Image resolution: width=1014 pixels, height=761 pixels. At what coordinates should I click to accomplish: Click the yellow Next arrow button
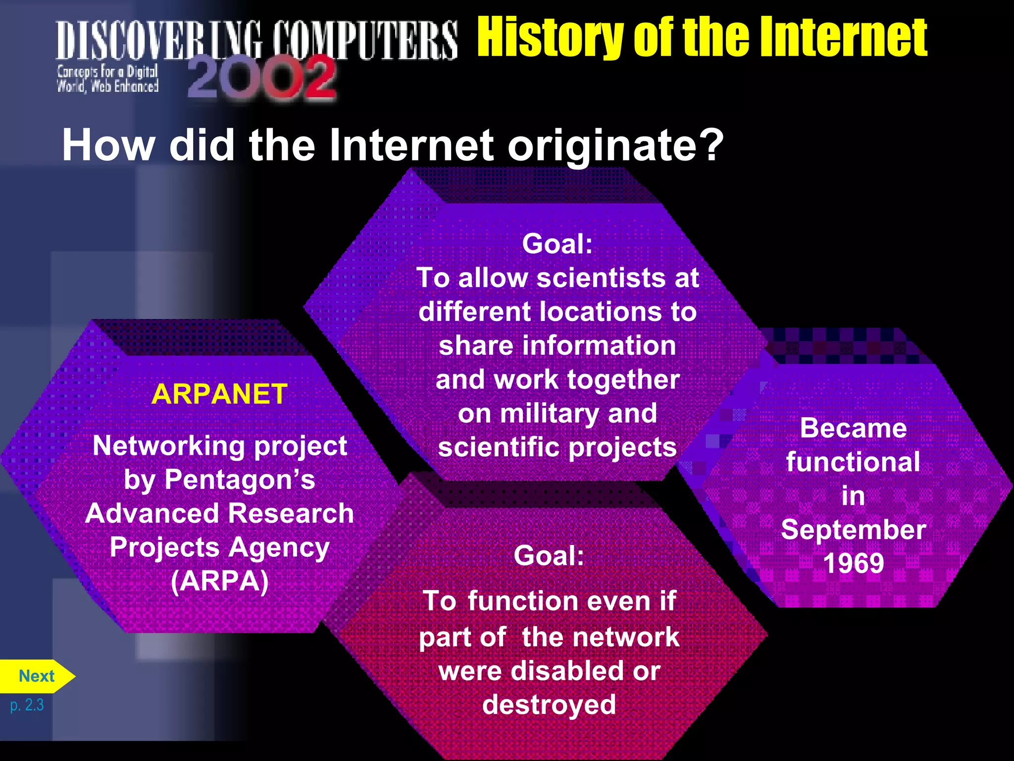point(36,676)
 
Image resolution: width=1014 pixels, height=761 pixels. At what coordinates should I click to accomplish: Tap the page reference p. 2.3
point(27,705)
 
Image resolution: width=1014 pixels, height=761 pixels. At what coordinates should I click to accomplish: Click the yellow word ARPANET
point(219,395)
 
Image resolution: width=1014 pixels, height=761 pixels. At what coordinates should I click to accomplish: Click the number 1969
point(853,563)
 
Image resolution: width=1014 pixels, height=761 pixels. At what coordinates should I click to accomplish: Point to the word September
point(853,530)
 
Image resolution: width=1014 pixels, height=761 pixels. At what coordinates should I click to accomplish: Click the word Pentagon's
point(240,480)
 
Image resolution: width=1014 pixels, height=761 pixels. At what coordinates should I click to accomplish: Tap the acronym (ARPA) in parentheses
point(219,581)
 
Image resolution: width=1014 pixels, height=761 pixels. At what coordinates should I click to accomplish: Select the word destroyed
point(549,705)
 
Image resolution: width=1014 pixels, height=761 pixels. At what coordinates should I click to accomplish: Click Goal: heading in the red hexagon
point(549,555)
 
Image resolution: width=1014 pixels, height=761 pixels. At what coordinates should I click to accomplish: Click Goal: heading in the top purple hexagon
point(557,244)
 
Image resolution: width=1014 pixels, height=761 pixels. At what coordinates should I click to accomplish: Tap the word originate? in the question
point(615,146)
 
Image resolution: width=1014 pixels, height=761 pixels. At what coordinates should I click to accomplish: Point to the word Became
point(853,428)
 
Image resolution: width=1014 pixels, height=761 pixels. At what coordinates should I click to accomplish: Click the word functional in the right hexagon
point(853,462)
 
